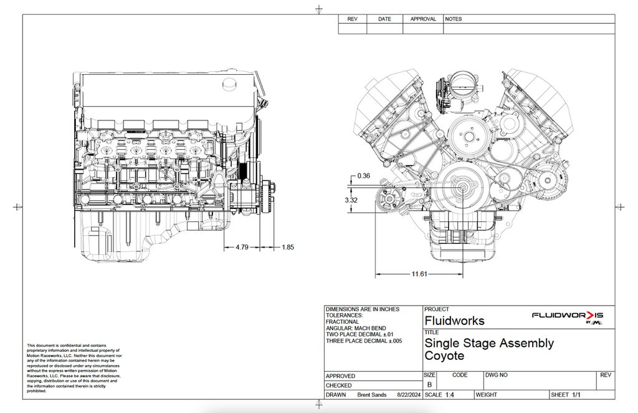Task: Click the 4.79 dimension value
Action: coord(242,247)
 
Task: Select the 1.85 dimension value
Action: coord(288,247)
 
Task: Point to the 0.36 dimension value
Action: coord(364,176)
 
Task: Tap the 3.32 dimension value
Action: coord(351,200)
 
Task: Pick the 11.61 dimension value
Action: coord(419,274)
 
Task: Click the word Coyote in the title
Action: coord(444,356)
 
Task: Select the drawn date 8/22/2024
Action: coord(409,395)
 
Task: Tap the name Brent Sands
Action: coord(372,395)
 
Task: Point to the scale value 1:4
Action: coord(450,395)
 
